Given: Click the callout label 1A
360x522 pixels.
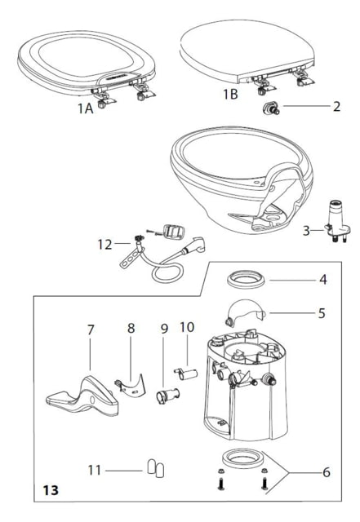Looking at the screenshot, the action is click(x=86, y=108).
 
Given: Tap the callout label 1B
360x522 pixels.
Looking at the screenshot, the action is click(x=230, y=95).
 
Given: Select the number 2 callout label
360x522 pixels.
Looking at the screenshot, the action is click(x=336, y=107).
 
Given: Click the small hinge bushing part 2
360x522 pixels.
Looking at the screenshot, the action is click(x=271, y=108).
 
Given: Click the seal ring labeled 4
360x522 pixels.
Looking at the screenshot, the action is click(x=246, y=279).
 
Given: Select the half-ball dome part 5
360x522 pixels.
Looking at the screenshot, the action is click(x=244, y=311).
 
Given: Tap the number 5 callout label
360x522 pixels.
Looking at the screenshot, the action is click(x=322, y=313).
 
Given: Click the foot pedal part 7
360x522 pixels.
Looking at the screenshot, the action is click(x=82, y=396).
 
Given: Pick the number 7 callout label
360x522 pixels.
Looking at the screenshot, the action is click(x=91, y=330).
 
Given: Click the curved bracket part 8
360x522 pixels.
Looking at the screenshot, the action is click(x=131, y=386).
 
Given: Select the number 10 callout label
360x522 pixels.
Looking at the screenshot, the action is click(x=187, y=327).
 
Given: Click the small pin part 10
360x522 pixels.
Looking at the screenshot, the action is click(x=185, y=374).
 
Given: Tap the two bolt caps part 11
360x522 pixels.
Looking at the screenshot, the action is click(x=156, y=467).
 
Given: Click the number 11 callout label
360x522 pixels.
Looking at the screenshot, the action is click(x=95, y=471).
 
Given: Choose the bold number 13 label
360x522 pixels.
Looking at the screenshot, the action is click(x=51, y=490).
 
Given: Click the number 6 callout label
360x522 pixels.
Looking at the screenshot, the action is click(x=327, y=472).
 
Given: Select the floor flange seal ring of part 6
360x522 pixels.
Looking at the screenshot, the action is click(x=243, y=458).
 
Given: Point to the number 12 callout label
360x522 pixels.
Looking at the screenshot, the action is click(x=105, y=245).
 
